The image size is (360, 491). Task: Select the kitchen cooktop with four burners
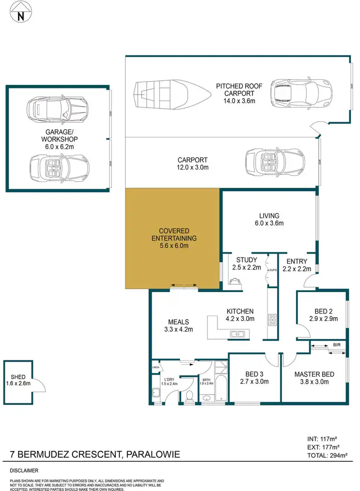[x=272, y=320]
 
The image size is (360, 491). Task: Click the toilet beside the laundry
[x=189, y=395]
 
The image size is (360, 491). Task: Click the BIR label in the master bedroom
[x=336, y=345]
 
